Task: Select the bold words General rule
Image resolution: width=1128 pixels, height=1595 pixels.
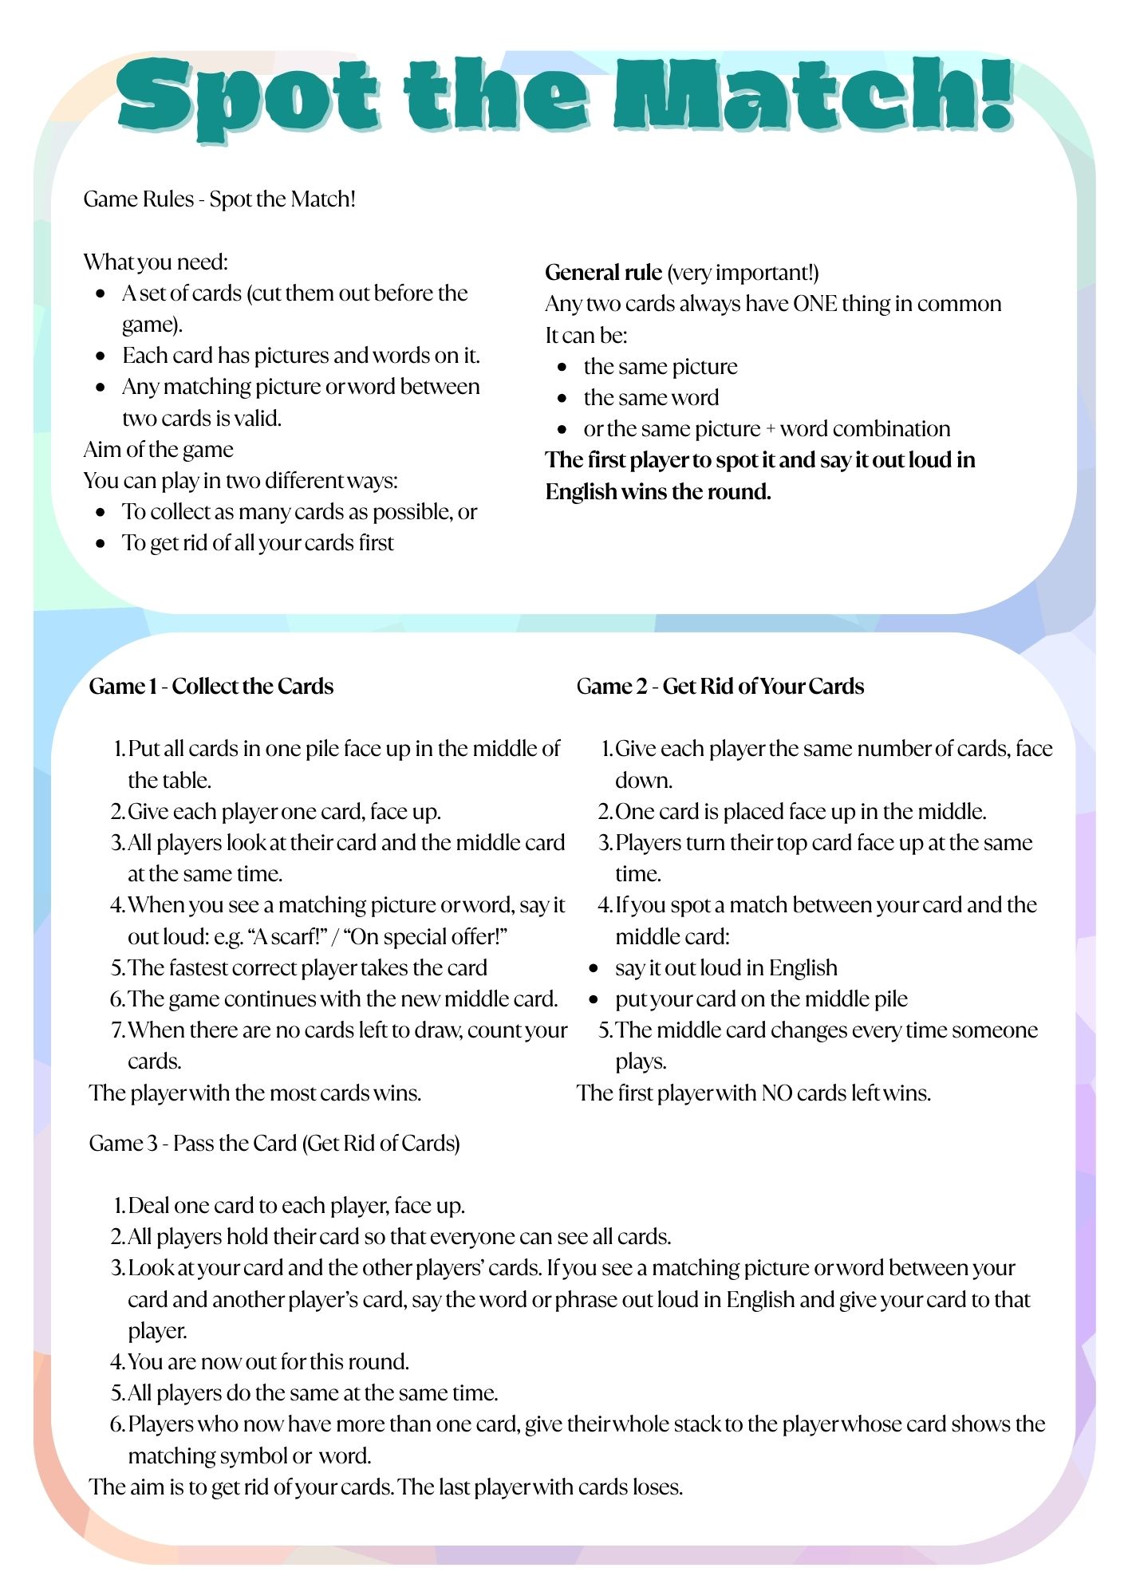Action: pos(603,273)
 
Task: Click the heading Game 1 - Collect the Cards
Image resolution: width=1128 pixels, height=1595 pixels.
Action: pos(211,687)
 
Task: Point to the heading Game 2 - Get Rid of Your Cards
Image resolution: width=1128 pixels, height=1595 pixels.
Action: pos(720,687)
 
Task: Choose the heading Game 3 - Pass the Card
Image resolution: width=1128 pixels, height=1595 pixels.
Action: pos(274,1144)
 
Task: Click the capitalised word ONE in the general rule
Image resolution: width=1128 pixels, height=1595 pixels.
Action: pos(814,304)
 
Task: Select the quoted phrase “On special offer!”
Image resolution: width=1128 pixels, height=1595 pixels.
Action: pos(424,936)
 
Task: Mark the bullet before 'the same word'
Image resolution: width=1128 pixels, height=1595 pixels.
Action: pos(562,398)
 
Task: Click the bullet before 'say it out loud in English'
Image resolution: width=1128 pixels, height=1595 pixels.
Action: pos(594,968)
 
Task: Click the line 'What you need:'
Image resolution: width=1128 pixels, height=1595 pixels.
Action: pos(156,262)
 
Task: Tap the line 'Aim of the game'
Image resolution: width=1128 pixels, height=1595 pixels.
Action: pos(158,450)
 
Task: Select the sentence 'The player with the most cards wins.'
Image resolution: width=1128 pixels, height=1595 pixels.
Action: pos(255,1093)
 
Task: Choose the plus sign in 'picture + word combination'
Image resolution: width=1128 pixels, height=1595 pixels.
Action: pos(770,430)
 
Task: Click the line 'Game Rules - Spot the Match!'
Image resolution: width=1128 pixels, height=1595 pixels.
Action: pos(219,199)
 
